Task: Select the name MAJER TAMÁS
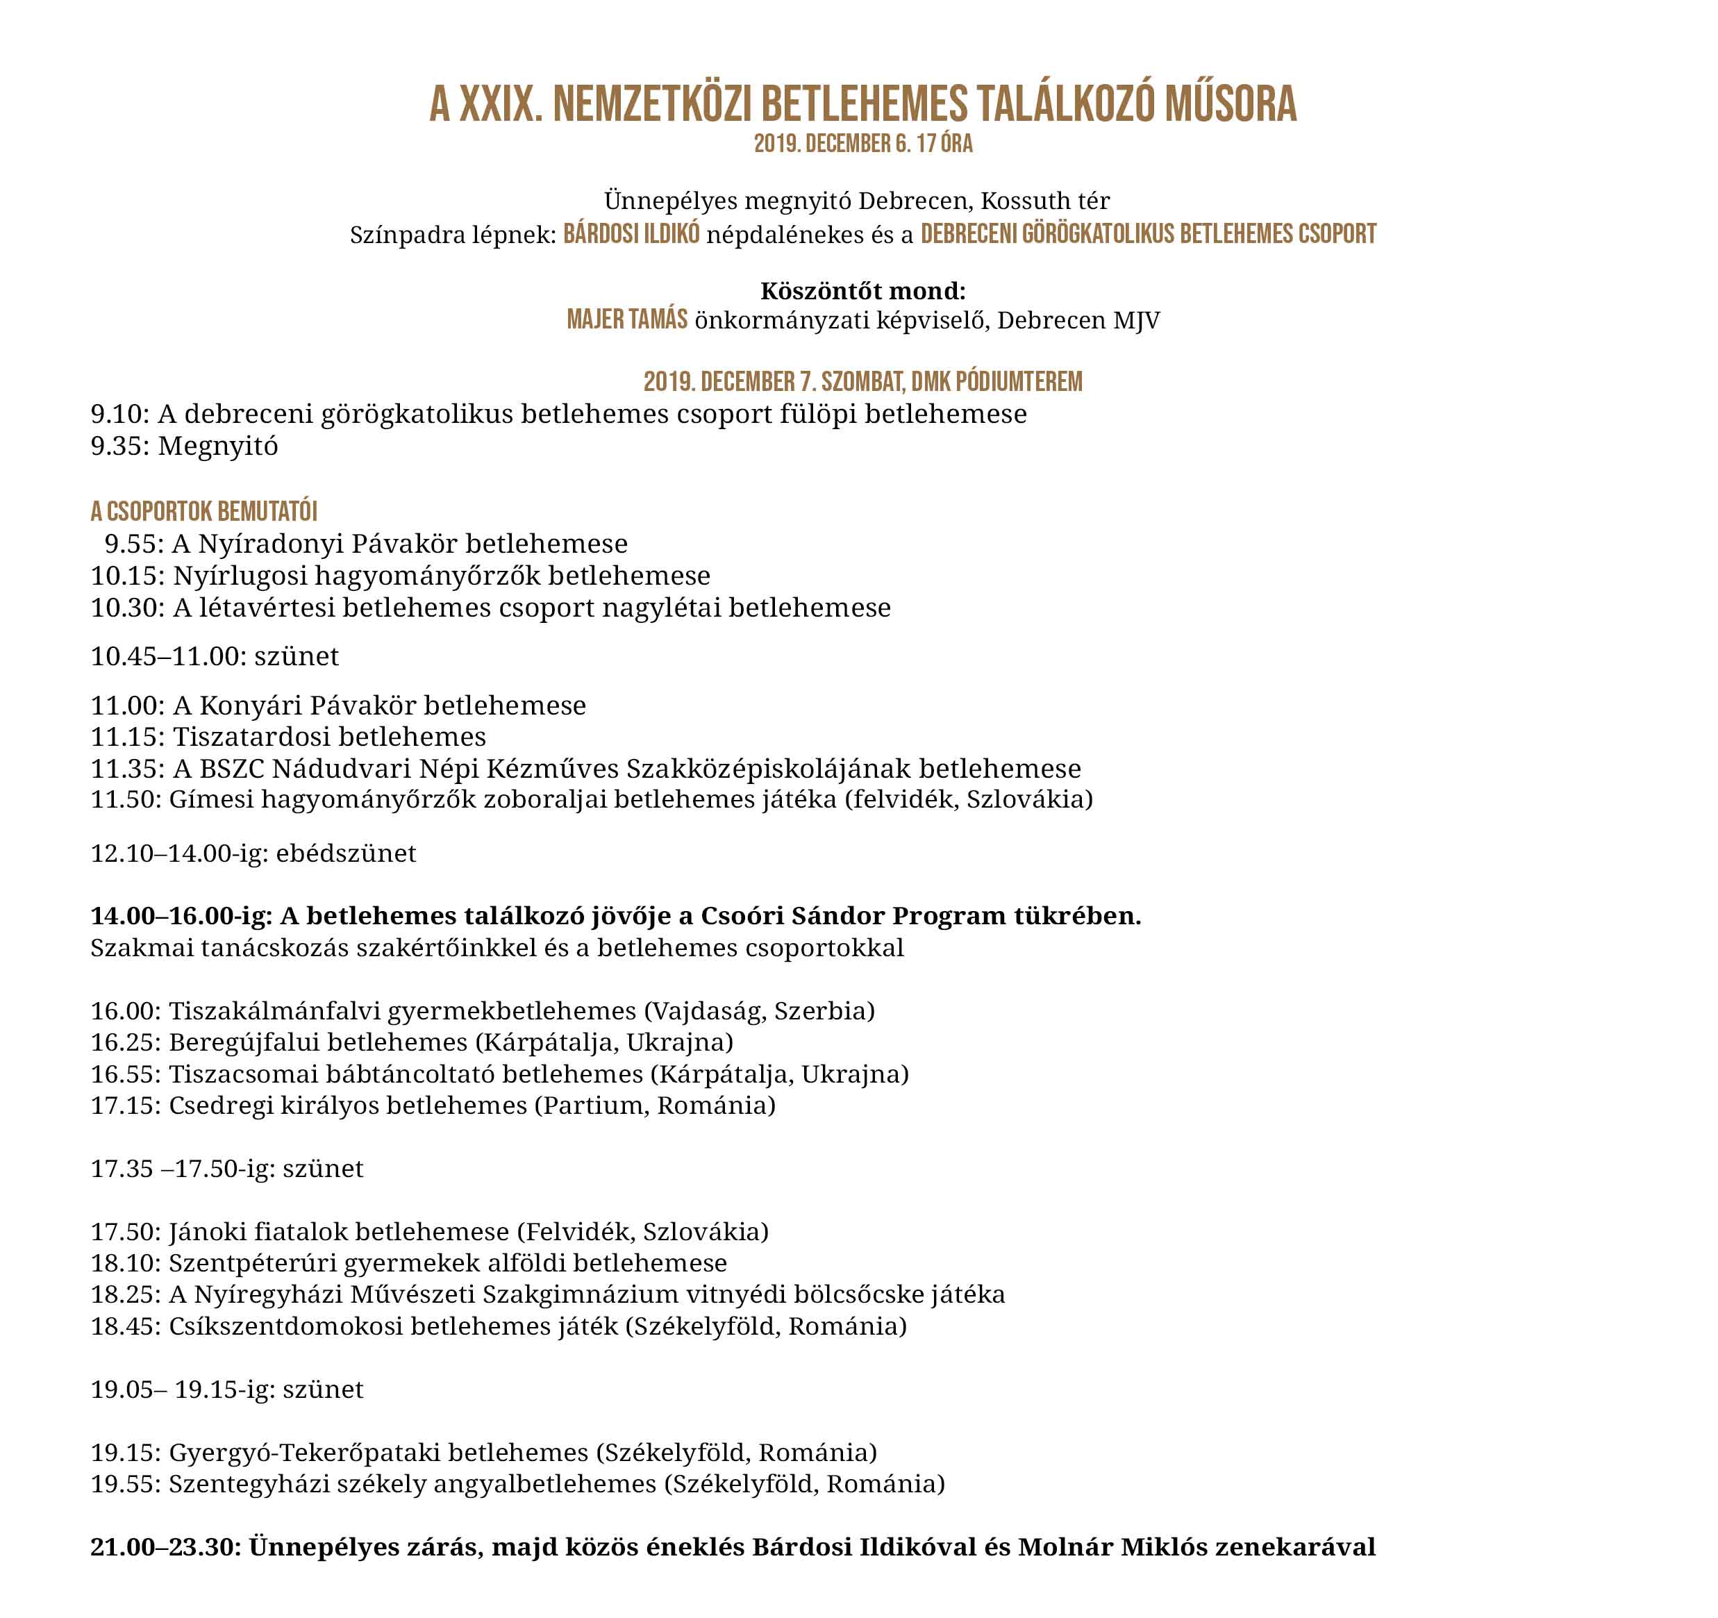(626, 320)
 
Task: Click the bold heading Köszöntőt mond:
(862, 290)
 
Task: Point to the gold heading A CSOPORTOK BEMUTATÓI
(204, 512)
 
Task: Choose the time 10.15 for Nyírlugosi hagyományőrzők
(125, 576)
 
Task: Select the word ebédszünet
(346, 853)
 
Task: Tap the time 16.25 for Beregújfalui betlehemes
(124, 1042)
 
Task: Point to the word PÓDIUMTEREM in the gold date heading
(1019, 381)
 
